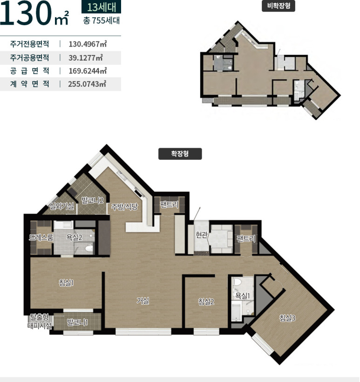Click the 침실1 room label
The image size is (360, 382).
[66, 283]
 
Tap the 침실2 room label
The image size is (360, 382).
[206, 302]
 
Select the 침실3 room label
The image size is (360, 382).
[287, 318]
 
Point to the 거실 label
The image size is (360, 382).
[143, 301]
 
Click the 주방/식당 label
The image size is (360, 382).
[124, 206]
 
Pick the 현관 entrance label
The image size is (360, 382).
[202, 235]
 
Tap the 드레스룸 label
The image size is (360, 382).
[41, 237]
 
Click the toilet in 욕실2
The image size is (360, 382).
[89, 248]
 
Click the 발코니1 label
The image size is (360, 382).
[77, 322]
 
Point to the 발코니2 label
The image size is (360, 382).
[93, 200]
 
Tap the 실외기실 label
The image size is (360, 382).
[62, 206]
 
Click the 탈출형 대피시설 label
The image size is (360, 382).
[40, 321]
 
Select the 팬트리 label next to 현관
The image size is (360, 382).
[246, 239]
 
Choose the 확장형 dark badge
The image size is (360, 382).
[180, 154]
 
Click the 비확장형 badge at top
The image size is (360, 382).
[278, 6]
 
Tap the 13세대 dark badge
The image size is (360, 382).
[102, 7]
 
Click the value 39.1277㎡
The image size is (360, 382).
[86, 58]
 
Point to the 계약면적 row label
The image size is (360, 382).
[30, 84]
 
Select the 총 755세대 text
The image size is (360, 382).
[102, 20]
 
